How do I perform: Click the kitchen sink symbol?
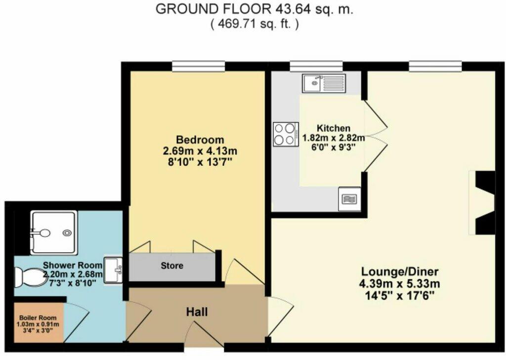coord(326,83)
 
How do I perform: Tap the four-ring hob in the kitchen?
coord(285,134)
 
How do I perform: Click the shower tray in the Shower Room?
coord(53,229)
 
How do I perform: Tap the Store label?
coord(172,266)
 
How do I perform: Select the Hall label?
coord(196,312)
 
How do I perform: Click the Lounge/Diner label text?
coord(400,271)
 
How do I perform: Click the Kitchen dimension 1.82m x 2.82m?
coord(334,137)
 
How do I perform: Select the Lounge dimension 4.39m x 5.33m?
coord(400,283)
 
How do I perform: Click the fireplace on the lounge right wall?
coord(483,203)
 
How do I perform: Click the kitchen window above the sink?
coord(316,65)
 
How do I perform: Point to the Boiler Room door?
coord(77,316)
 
